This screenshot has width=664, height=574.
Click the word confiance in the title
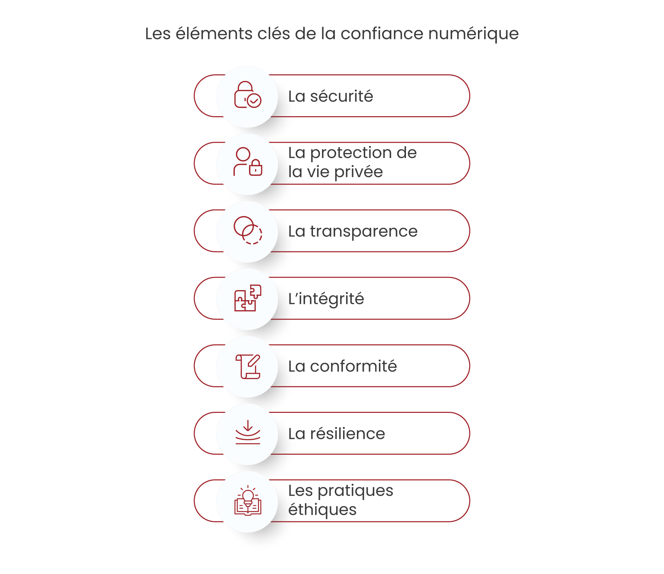382,34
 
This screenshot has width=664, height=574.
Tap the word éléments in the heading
214,33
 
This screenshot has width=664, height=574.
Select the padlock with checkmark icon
248,95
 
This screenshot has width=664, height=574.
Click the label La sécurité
331,96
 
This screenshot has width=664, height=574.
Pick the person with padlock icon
248,162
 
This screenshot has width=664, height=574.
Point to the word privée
359,172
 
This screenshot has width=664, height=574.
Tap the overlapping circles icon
248,230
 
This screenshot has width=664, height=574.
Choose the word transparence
364,231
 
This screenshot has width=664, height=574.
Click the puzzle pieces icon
248,298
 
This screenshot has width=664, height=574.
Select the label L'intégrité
326,299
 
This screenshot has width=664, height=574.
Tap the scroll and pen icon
248,367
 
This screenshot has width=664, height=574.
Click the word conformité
353,366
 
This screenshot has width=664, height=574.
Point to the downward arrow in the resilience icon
248,425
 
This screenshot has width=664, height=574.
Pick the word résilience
348,434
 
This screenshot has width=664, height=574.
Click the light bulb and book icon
248,501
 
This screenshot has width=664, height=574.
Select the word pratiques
356,491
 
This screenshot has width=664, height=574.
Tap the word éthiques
322,510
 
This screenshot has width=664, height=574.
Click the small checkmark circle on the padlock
254,101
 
